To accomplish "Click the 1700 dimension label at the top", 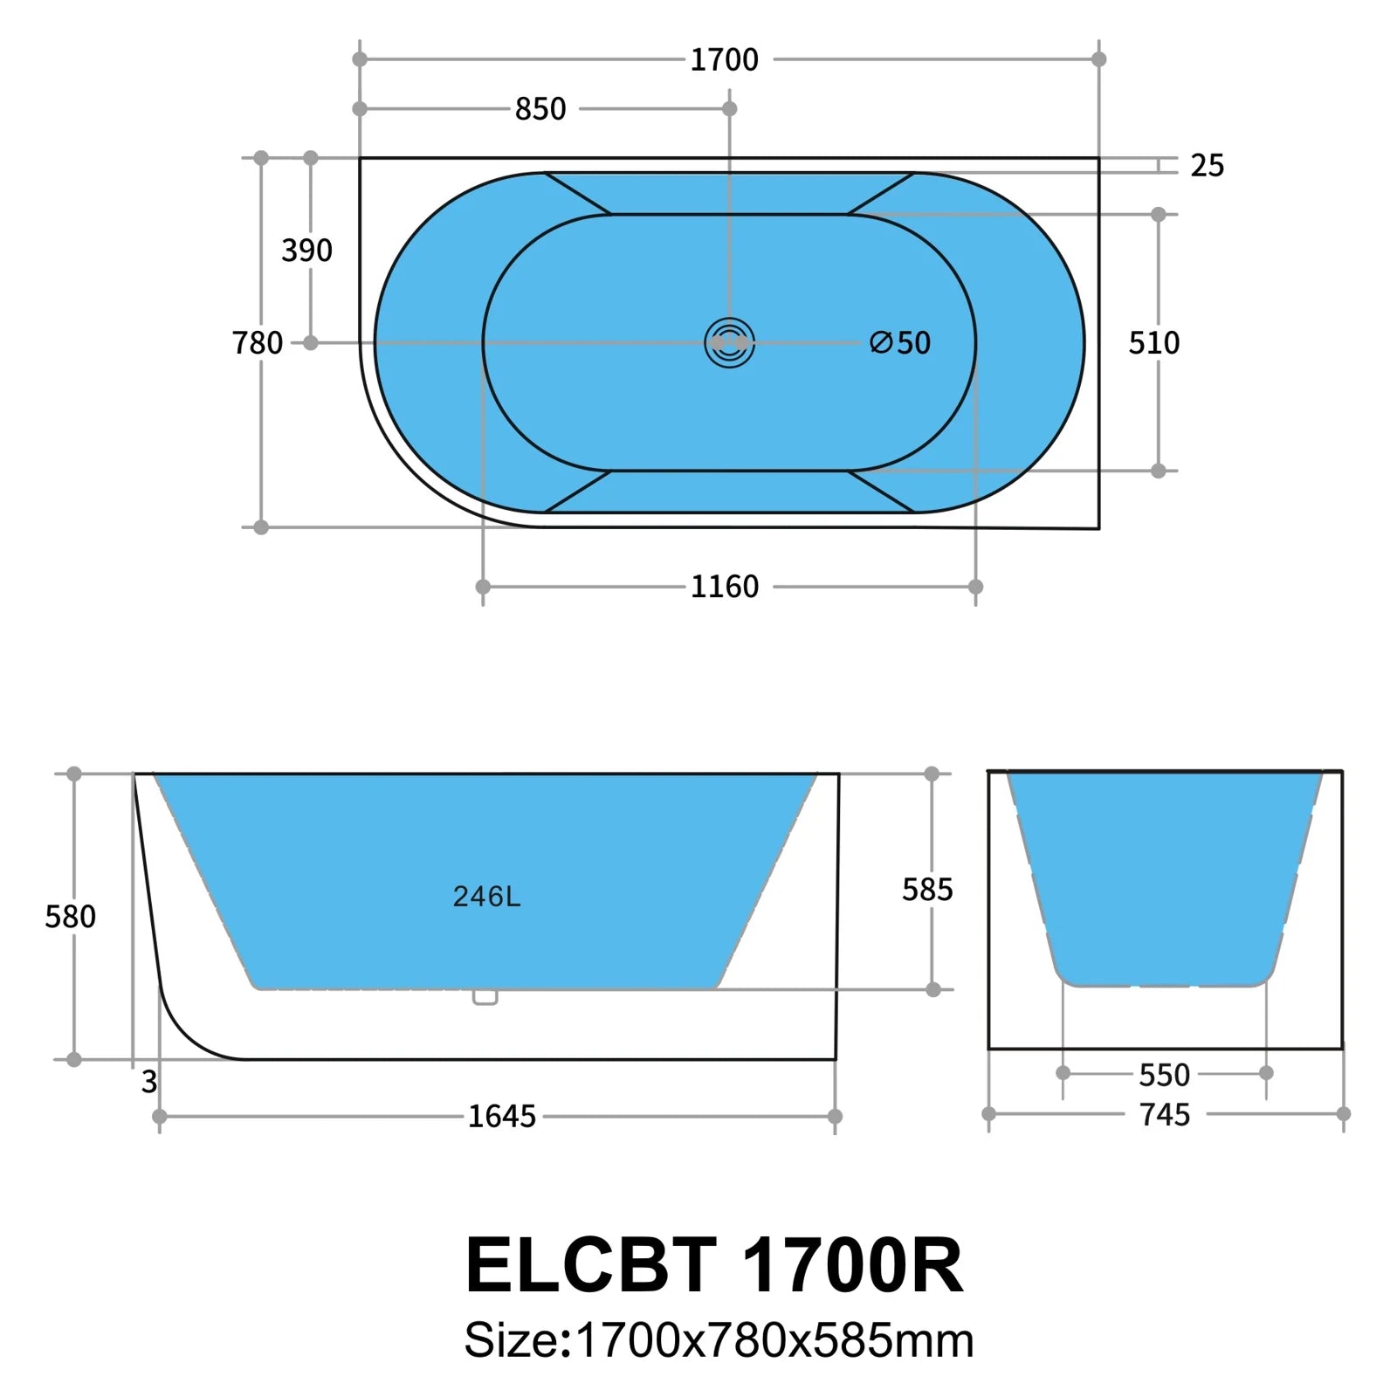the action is coord(724,59).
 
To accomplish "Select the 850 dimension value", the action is coord(540,109).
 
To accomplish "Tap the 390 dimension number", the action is coord(306,251).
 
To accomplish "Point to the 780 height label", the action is coord(258,343).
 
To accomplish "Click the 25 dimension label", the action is coord(1207,165).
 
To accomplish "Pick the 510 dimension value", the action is coord(1153,343).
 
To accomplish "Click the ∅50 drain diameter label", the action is coord(900,343).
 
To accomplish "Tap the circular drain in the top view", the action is coord(729,343).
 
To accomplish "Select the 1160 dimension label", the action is coord(725,587).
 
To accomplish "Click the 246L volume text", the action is coord(486,897).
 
